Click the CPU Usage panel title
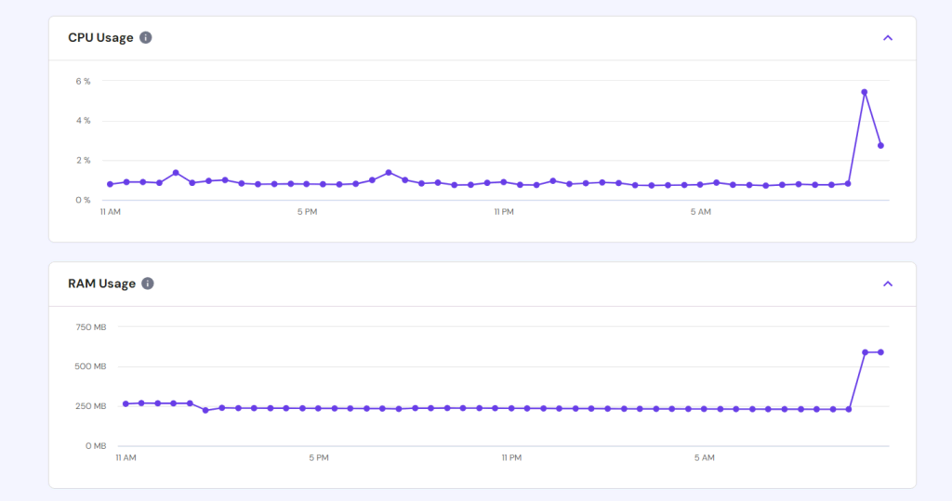click(100, 38)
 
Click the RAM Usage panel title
click(101, 283)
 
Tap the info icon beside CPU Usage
click(146, 38)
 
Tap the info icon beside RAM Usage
click(147, 283)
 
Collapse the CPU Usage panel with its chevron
click(888, 38)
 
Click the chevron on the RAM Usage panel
click(888, 283)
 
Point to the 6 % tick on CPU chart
click(84, 82)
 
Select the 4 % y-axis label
click(84, 121)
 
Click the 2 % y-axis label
click(84, 161)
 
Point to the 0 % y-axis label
click(84, 200)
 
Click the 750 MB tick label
click(91, 327)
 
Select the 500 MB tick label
click(91, 367)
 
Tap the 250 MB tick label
click(91, 407)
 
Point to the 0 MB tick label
click(96, 446)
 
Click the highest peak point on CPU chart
click(865, 92)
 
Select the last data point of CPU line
click(880, 146)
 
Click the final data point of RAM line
click(880, 352)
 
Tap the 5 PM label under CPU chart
click(307, 213)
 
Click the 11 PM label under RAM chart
click(511, 458)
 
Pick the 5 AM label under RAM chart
click(704, 458)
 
